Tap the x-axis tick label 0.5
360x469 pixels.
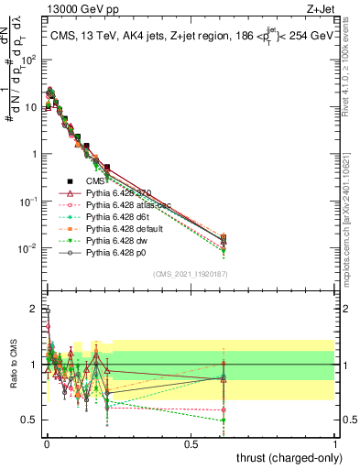(191, 442)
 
